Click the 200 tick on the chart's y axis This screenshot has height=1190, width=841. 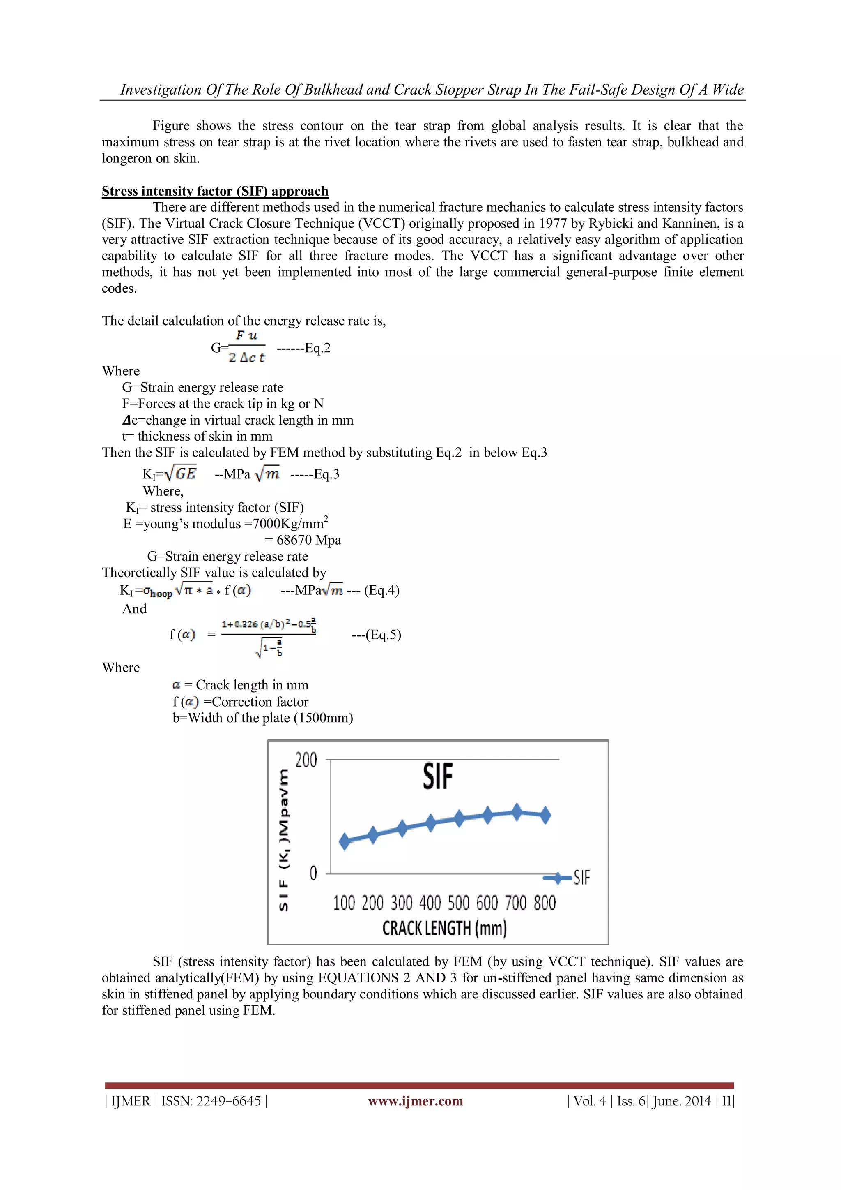(306, 760)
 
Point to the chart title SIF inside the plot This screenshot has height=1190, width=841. (438, 776)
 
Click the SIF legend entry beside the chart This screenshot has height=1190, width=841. (581, 878)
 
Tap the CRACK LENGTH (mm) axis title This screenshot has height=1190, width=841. (444, 928)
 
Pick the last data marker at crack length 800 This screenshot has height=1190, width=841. (545, 815)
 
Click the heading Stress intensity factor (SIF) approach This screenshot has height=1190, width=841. (215, 191)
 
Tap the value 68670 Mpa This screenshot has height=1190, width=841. (309, 540)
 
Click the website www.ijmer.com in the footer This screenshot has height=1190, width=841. (415, 1101)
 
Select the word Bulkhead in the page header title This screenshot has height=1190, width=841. (333, 90)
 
